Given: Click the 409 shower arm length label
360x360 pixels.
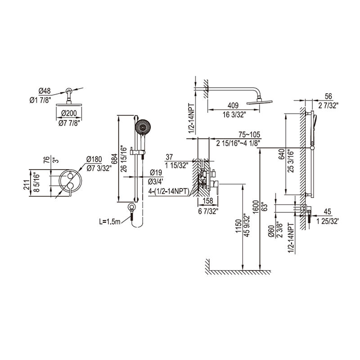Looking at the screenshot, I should pyautogui.click(x=233, y=106).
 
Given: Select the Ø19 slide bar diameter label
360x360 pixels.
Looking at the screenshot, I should pyautogui.click(x=156, y=173).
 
